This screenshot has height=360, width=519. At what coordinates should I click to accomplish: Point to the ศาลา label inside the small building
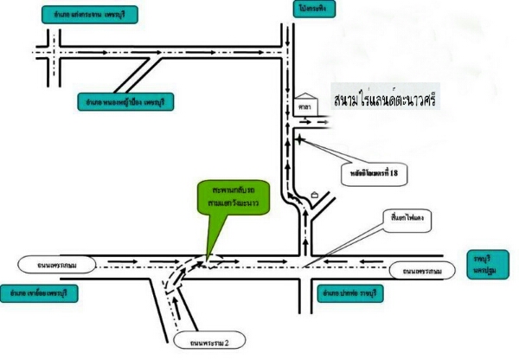pyautogui.click(x=304, y=108)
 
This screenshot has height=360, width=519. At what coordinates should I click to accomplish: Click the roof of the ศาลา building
pyautogui.click(x=304, y=96)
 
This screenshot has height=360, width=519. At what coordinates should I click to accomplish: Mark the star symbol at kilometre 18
pyautogui.click(x=299, y=137)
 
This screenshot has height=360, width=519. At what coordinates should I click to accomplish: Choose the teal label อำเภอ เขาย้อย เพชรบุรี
pyautogui.click(x=40, y=292)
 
